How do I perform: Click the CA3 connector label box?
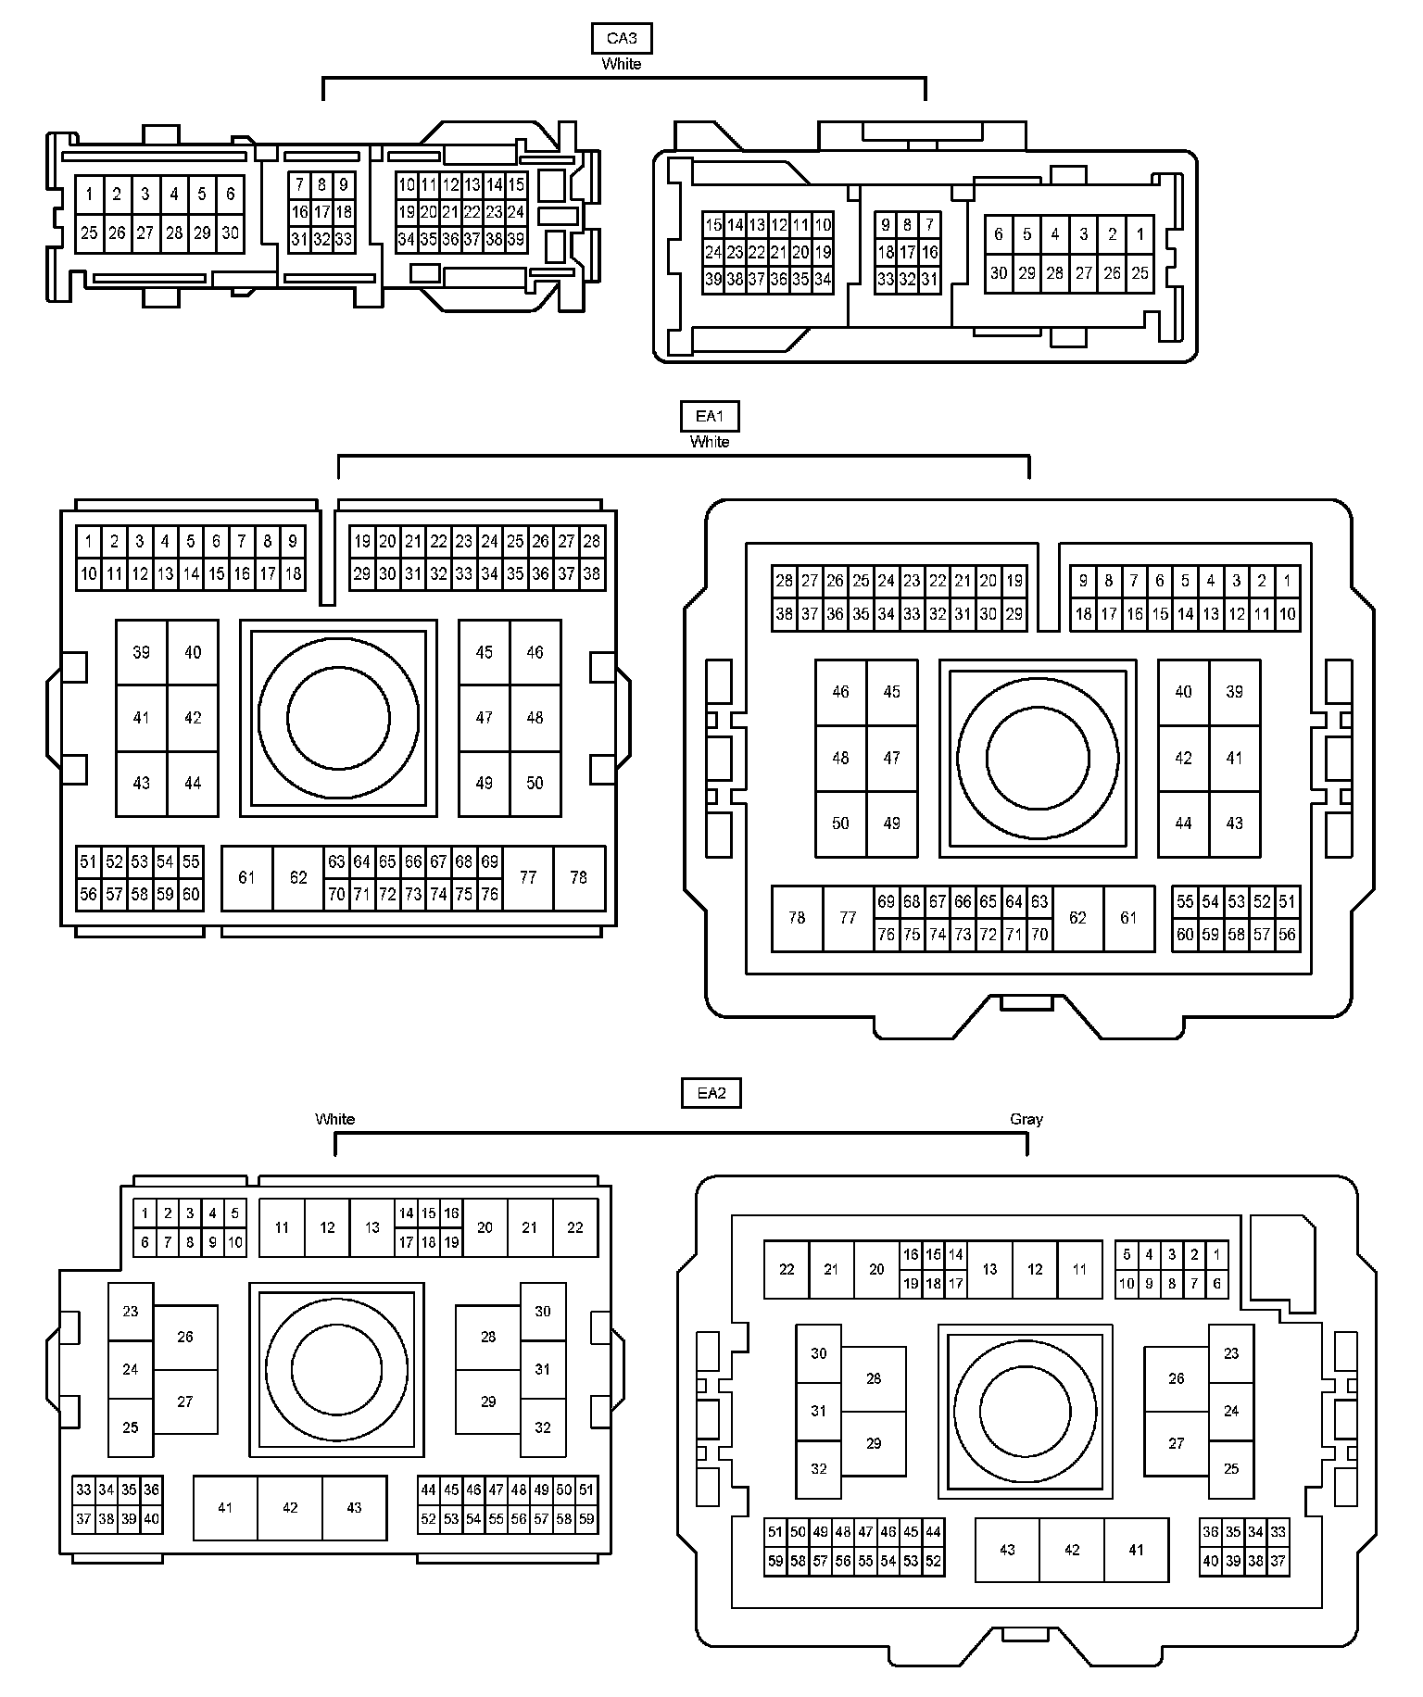[x=621, y=39]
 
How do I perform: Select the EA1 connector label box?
[x=710, y=417]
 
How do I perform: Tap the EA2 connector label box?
[x=711, y=1093]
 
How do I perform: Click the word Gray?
[x=1026, y=1119]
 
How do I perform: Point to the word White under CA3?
[x=621, y=64]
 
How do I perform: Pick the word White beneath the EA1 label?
[x=710, y=442]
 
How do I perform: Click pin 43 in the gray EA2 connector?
[x=1007, y=1550]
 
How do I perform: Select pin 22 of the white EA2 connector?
[x=575, y=1227]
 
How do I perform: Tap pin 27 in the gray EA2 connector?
[x=1177, y=1443]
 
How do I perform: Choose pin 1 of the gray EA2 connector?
[x=1217, y=1255]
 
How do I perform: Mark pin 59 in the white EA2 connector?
[x=586, y=1519]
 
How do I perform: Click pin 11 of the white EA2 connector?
[x=282, y=1227]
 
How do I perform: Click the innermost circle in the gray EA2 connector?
[x=1026, y=1410]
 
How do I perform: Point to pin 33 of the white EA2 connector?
[x=84, y=1490]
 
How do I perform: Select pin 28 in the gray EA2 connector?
[x=874, y=1378]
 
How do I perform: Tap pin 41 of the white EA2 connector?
[x=225, y=1508]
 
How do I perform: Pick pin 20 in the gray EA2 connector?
[x=876, y=1269]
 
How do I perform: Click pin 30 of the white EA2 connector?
[x=543, y=1311]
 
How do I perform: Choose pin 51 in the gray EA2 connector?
[x=775, y=1532]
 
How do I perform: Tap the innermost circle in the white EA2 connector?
[x=336, y=1370]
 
